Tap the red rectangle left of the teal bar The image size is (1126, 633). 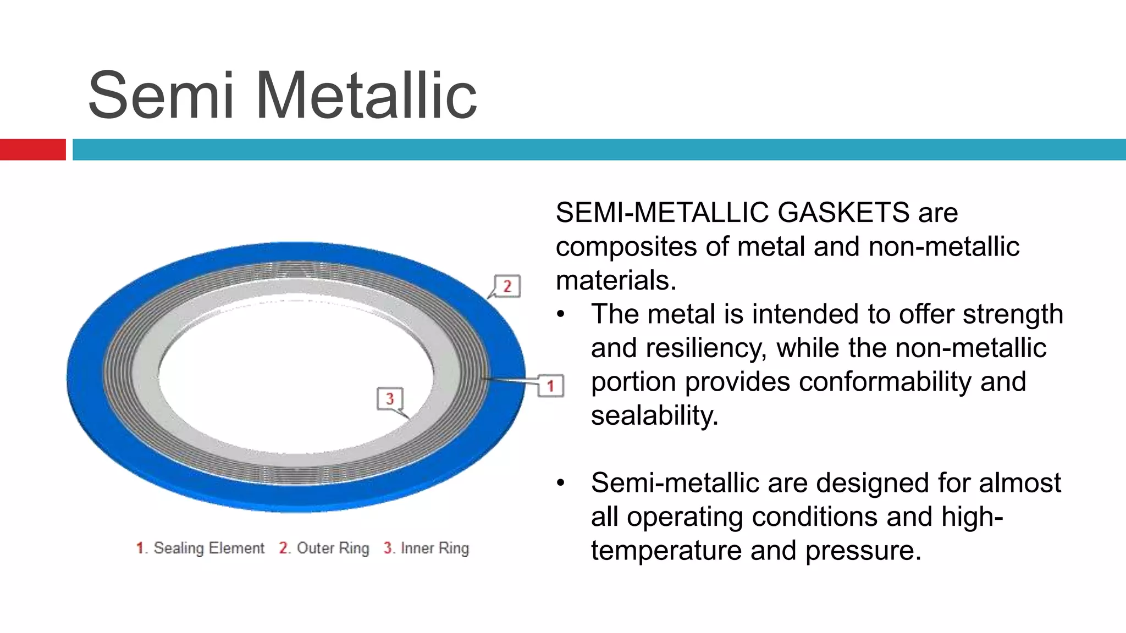pos(32,149)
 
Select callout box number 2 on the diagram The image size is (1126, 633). pos(507,286)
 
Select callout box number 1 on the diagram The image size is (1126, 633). pos(550,386)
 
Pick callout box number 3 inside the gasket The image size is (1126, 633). pos(390,398)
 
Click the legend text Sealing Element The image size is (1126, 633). pos(209,548)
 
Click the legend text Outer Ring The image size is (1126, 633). pos(333,548)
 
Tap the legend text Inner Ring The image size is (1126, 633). pos(434,548)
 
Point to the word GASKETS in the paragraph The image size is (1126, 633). pos(843,213)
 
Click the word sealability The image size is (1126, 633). pos(654,416)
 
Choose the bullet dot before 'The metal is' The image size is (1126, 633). pos(560,315)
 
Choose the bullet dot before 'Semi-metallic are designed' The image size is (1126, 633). pos(560,484)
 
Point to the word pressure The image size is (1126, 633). pos(863,551)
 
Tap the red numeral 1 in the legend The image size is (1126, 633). pos(140,548)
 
